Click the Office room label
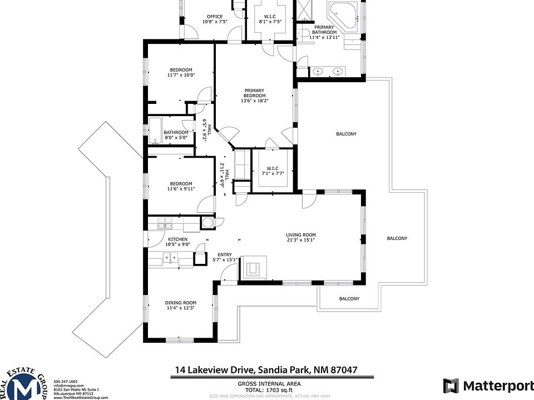coord(215,19)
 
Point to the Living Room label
coord(301,237)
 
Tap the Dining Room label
coord(180,305)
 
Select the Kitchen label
coord(178,241)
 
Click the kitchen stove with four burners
coord(165,223)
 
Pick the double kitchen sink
coord(170,258)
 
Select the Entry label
coord(225,257)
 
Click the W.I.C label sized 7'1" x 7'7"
coord(272,171)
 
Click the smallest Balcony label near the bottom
coord(349,299)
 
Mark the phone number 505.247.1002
coord(66,381)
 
